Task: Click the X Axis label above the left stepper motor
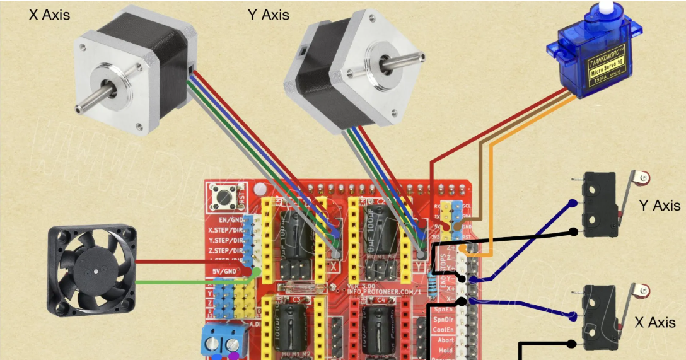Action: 49,14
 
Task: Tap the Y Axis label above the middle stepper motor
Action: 269,14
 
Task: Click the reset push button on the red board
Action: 224,197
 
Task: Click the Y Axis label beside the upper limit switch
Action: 660,206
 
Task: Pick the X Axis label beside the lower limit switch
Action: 655,322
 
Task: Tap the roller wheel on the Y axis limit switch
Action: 642,178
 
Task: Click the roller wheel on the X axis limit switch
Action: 642,291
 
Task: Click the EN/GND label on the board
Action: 230,220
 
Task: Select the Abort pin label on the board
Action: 445,340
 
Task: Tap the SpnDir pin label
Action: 443,320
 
